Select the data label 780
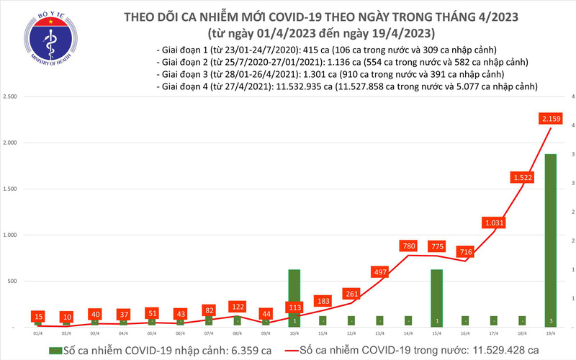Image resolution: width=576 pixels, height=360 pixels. tap(408, 247)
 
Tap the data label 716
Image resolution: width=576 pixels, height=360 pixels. tap(464, 253)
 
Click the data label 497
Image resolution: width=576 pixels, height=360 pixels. tap(379, 272)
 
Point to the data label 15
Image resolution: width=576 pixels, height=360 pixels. tap(39, 316)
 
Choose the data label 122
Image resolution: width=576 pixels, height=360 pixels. tap(237, 306)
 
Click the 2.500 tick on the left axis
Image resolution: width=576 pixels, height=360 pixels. tap(10, 96)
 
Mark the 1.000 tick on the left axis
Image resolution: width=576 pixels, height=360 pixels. tap(10, 235)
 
